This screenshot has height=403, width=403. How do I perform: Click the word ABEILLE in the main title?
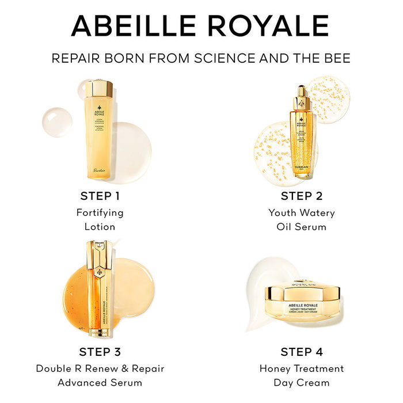[139, 26]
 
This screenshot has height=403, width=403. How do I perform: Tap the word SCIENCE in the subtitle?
[223, 58]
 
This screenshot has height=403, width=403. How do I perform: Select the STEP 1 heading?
[100, 196]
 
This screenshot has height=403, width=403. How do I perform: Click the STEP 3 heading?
[100, 352]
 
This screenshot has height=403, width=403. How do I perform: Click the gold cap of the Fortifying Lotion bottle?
[99, 89]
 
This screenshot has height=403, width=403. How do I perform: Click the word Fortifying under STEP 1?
[100, 212]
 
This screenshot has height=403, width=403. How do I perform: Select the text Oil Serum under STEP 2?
[301, 227]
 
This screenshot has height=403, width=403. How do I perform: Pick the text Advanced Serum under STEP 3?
[100, 382]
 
